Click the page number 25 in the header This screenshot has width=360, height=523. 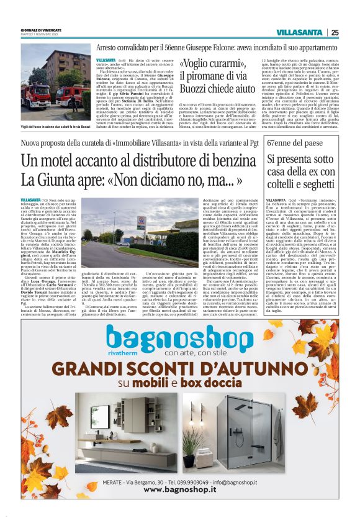335,32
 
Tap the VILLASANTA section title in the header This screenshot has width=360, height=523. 299,32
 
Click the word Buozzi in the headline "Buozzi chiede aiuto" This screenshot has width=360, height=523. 197,91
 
